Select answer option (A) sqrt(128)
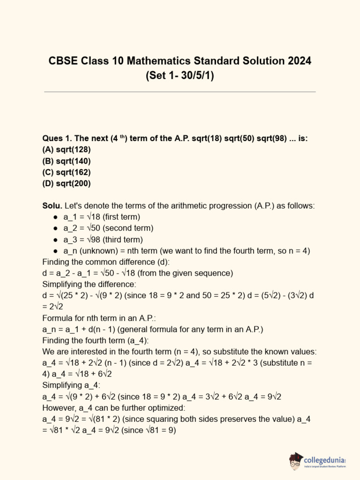(67, 150)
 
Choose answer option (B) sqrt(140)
(67, 161)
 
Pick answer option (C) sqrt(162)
(67, 172)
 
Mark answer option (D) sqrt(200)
(67, 183)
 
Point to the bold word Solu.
(52, 206)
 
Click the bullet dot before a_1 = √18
(55, 217)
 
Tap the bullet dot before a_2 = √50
(55, 228)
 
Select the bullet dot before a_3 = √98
(55, 240)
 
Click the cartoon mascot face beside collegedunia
(295, 460)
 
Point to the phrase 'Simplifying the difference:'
(89, 284)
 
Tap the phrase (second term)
(128, 228)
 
